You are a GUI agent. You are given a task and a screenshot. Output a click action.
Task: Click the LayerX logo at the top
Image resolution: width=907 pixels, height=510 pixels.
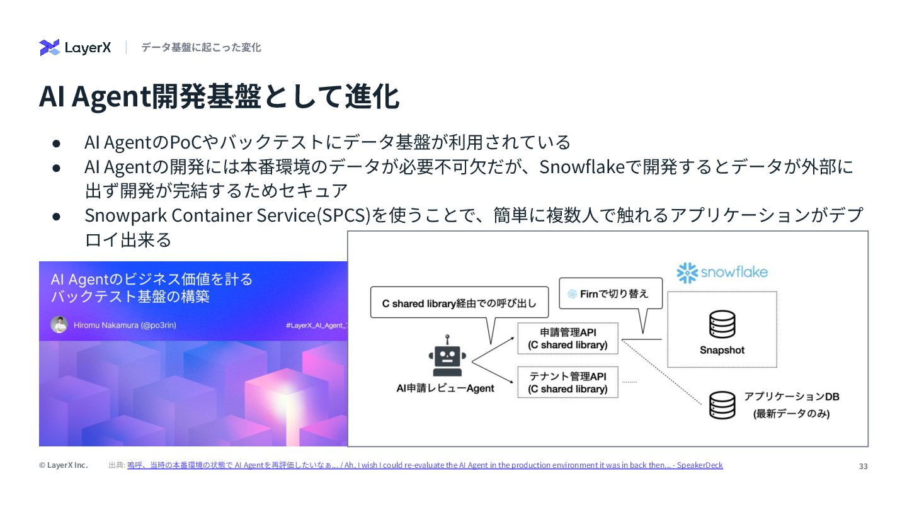(x=75, y=48)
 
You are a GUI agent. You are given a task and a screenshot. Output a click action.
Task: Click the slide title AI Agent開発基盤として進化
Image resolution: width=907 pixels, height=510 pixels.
(x=219, y=97)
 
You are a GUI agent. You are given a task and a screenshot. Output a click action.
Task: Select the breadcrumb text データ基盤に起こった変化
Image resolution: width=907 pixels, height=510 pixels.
(x=201, y=48)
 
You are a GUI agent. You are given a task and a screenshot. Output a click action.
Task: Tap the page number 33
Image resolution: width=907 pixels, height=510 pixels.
(x=863, y=466)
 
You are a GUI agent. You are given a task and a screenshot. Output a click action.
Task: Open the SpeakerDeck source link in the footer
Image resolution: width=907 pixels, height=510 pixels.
(x=425, y=465)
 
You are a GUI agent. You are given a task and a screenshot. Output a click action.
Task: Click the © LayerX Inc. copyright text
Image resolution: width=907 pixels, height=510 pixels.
(x=63, y=465)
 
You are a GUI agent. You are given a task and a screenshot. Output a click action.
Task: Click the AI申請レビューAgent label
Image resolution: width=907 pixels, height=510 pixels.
(x=445, y=388)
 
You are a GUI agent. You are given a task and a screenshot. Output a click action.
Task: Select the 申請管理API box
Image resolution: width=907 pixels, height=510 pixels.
(x=568, y=339)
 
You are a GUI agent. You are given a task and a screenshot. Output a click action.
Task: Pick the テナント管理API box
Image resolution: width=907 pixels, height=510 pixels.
(x=568, y=382)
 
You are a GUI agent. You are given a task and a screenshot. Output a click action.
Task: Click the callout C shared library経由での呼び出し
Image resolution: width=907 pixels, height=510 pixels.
(x=459, y=303)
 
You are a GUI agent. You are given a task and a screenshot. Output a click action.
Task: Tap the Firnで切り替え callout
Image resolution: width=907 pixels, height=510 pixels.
(x=610, y=293)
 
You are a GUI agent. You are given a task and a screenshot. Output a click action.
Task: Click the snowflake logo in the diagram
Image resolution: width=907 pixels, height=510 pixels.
(x=722, y=273)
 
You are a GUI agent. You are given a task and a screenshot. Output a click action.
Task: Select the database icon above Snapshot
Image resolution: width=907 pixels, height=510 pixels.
(x=722, y=324)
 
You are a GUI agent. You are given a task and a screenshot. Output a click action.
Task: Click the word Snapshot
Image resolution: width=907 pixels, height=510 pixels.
(x=722, y=350)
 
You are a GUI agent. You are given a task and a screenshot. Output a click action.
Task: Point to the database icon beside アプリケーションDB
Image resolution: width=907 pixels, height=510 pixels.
(x=722, y=405)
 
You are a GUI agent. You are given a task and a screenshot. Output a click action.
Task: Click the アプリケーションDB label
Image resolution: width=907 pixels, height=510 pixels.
(x=792, y=397)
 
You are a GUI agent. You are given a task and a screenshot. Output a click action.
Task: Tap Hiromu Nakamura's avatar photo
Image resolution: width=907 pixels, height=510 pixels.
(x=59, y=325)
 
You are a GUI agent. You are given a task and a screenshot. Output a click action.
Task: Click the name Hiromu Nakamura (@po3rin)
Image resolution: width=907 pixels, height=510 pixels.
(x=125, y=326)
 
